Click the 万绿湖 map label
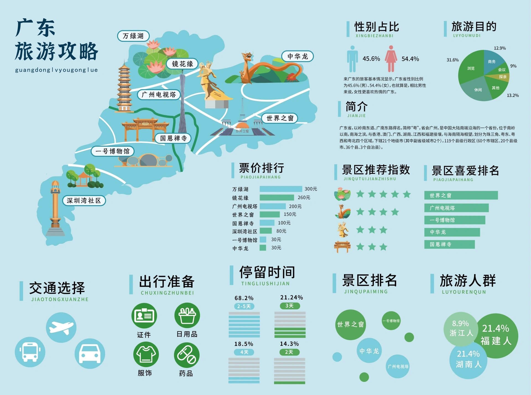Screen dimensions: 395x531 click(133, 36)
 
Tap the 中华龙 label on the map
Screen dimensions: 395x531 click(297, 56)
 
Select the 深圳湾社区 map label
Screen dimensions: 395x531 click(84, 201)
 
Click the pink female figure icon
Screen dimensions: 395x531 click(391, 59)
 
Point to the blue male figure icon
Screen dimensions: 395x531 click(352, 59)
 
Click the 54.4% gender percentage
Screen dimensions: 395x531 click(410, 59)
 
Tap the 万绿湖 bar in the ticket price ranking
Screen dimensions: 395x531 click(281, 189)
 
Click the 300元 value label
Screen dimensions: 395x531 click(311, 189)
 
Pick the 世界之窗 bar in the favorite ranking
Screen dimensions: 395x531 click(461, 195)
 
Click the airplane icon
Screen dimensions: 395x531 click(61, 328)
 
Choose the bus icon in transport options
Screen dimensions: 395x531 click(30, 352)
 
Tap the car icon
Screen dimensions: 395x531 click(90, 354)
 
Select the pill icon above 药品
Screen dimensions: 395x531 click(187, 355)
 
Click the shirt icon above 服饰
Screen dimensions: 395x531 click(146, 354)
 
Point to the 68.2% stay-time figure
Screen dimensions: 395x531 click(244, 298)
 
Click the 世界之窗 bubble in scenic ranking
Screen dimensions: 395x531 click(350, 324)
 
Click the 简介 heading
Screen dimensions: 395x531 click(356, 106)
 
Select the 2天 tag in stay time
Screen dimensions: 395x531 click(289, 352)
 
